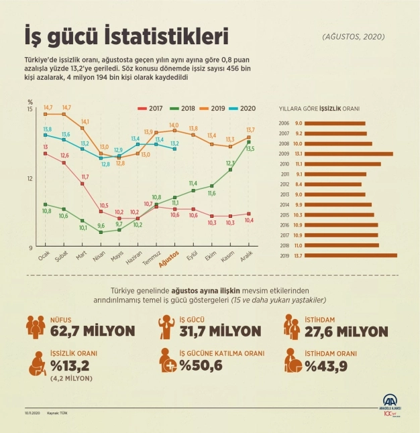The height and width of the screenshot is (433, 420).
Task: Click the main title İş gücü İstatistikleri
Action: (126, 34)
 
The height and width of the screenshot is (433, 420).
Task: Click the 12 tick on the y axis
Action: (30, 178)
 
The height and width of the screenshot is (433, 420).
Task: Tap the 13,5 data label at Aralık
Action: (250, 149)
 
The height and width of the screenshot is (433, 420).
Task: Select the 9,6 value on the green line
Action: (101, 225)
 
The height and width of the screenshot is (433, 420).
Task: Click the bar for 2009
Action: (342, 153)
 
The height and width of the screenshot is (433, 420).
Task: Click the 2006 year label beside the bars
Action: (284, 123)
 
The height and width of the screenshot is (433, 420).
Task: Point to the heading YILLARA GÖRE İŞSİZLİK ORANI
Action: (323, 108)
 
